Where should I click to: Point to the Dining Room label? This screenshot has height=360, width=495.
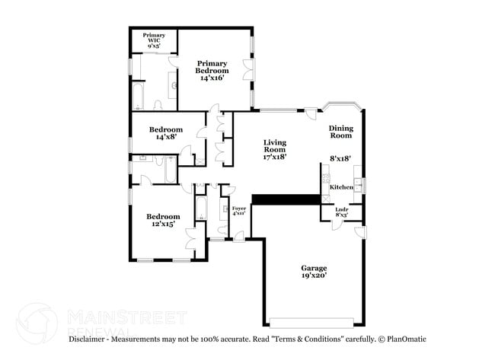[340, 132]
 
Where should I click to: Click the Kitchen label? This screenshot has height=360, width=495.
[340, 186]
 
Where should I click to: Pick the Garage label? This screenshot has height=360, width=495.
[314, 268]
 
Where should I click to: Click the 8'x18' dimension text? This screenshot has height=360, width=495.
[340, 158]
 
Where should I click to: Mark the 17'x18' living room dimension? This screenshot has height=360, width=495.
[275, 158]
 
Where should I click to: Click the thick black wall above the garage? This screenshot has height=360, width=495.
[286, 199]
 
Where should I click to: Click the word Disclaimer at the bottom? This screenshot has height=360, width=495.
[90, 338]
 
